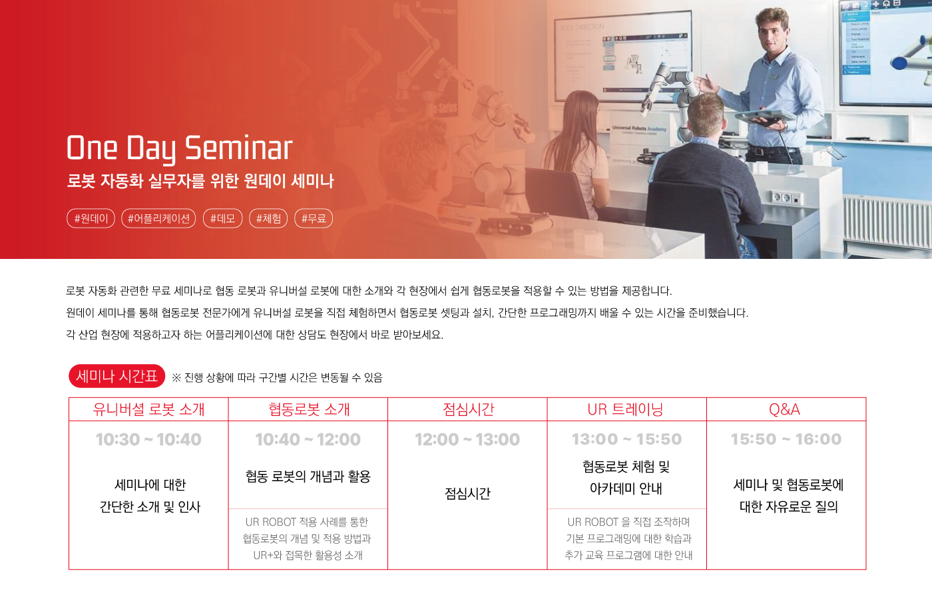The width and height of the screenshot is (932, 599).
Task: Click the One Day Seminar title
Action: coord(180,148)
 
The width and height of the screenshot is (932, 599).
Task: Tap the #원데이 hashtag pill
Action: coord(91,218)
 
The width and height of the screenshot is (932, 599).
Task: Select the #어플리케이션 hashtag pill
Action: coord(158,218)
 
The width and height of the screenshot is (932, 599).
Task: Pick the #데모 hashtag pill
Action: coord(222,218)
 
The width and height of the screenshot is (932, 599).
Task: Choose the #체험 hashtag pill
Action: coord(268,218)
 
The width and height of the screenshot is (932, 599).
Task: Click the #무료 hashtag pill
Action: coord(314,218)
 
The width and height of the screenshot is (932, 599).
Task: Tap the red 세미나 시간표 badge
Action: coord(117,376)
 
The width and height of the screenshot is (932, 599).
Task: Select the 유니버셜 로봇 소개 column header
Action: coord(148,409)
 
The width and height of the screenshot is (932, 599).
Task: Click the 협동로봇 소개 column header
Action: coord(309,409)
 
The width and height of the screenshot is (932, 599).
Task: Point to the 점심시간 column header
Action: coord(468,409)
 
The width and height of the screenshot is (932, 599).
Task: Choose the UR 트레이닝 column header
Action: coord(625,409)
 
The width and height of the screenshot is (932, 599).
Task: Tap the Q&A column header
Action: coord(784,410)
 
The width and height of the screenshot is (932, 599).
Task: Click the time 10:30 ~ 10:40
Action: coord(148,440)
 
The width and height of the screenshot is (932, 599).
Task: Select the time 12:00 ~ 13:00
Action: coord(467,440)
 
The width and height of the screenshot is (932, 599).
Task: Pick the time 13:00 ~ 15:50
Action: coord(626,439)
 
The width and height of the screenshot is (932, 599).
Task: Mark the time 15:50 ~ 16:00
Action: coord(786,439)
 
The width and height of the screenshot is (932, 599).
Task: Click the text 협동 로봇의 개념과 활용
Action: coord(308,477)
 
